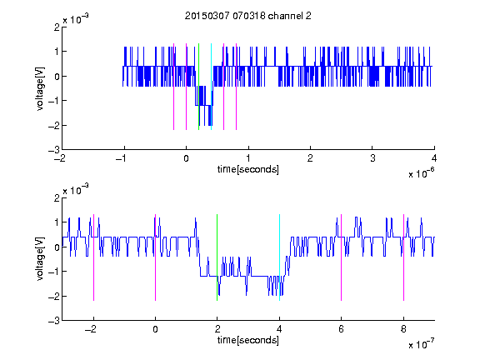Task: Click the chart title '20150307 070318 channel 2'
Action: click(x=248, y=16)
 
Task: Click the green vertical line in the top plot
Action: click(x=198, y=87)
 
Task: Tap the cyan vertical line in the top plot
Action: click(x=211, y=87)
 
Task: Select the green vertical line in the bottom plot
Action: click(x=217, y=257)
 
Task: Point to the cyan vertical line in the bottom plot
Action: click(x=279, y=257)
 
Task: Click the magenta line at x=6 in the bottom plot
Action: click(x=342, y=257)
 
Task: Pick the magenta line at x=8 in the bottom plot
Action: click(x=404, y=257)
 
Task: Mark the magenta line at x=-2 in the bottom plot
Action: click(x=93, y=257)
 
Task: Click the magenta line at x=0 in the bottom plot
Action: click(x=156, y=257)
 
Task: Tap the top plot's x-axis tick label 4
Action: click(x=434, y=158)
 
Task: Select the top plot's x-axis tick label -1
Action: click(x=122, y=158)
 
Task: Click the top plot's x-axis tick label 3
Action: click(x=372, y=158)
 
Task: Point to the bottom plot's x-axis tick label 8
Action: click(x=403, y=329)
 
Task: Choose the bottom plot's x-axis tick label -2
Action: click(x=91, y=329)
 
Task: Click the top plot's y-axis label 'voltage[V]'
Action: click(x=40, y=88)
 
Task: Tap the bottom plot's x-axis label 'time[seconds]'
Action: click(x=248, y=340)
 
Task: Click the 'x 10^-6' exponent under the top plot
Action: click(x=421, y=173)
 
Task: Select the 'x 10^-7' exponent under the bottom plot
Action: click(x=421, y=344)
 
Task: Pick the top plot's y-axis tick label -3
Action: click(x=54, y=150)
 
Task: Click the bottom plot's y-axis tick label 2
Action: click(x=57, y=197)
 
